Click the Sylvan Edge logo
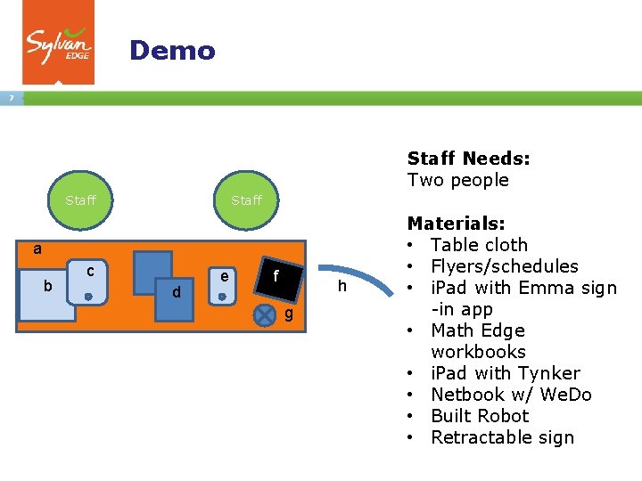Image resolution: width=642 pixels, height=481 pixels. (58, 42)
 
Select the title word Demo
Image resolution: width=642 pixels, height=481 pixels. (172, 50)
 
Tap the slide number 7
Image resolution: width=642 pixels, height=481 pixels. (11, 98)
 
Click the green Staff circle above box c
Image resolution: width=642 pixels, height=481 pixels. (80, 200)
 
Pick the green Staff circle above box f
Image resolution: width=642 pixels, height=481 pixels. (246, 200)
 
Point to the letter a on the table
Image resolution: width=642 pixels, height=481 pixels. (37, 249)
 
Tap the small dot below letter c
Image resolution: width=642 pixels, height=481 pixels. (89, 296)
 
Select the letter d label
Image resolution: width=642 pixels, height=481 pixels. (177, 292)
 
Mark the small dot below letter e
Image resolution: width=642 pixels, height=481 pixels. (222, 296)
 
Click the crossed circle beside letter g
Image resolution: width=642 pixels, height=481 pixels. (265, 314)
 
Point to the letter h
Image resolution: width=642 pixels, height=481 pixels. (342, 286)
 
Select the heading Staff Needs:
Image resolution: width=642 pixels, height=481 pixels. (468, 159)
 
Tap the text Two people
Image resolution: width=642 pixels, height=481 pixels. (457, 180)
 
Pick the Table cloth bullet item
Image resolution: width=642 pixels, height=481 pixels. (479, 245)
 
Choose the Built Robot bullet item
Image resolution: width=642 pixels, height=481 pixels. (480, 416)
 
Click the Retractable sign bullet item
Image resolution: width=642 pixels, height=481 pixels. (502, 437)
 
